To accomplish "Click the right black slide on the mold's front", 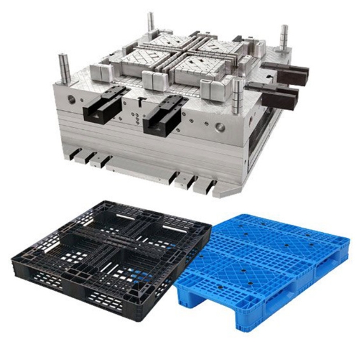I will pos(163,113).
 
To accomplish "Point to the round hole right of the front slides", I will pos(220,126).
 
